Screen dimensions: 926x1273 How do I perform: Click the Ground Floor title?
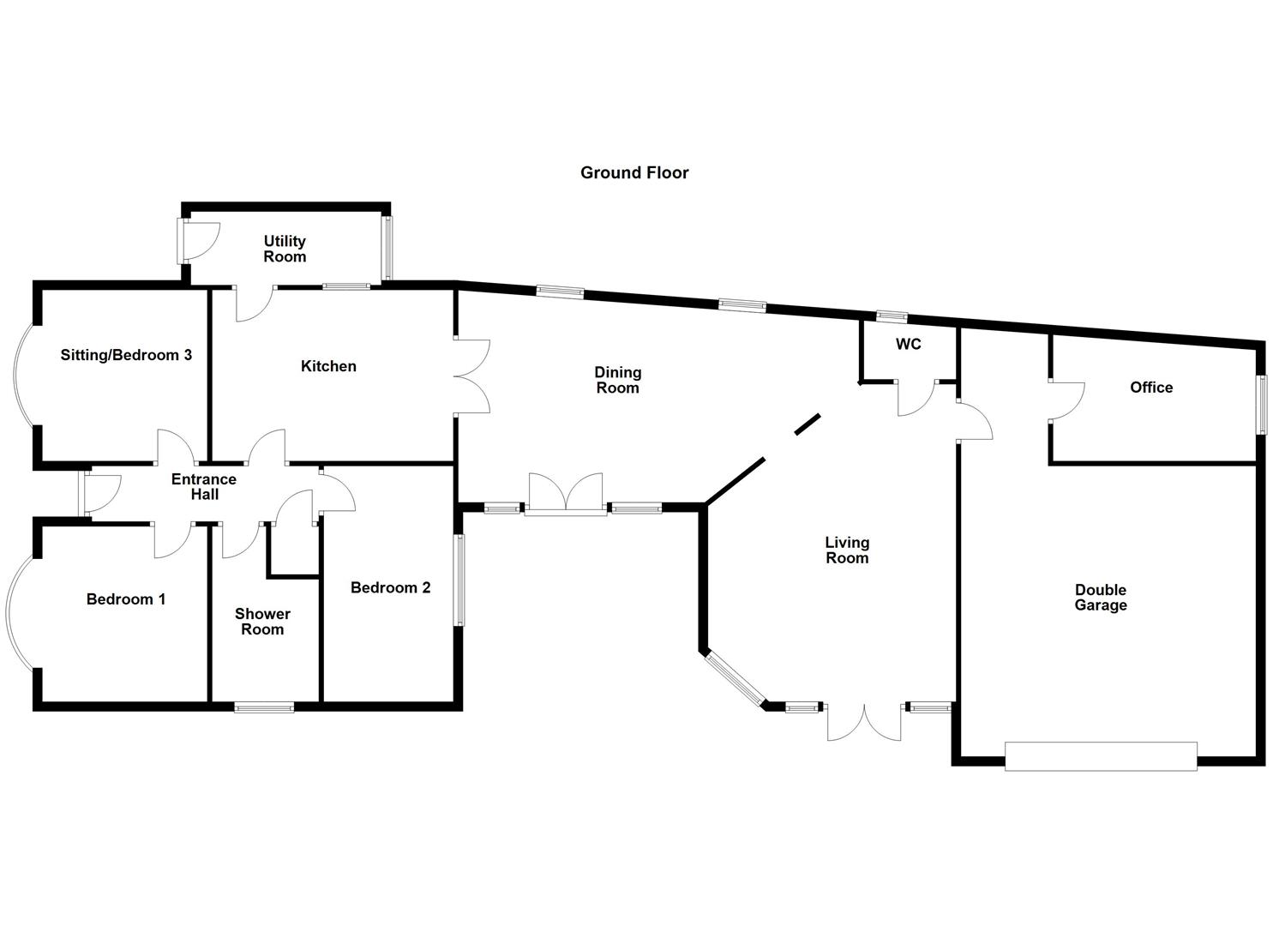(x=634, y=172)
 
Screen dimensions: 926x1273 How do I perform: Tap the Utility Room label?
(x=285, y=249)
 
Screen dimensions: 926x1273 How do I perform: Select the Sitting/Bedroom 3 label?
(x=126, y=355)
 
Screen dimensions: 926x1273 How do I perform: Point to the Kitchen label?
(x=328, y=366)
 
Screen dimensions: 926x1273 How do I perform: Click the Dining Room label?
(x=617, y=380)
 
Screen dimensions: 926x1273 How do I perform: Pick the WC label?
(x=909, y=345)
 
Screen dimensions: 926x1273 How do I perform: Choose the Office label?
(x=1150, y=388)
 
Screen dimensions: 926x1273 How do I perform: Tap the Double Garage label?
(x=1101, y=598)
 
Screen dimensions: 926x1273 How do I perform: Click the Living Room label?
(x=847, y=550)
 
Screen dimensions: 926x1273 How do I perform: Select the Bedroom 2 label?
(x=390, y=587)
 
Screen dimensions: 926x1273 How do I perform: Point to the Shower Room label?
(x=262, y=622)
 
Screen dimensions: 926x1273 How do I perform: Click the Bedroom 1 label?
(x=126, y=599)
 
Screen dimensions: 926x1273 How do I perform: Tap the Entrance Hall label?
(x=204, y=487)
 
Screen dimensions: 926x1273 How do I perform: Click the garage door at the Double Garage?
(x=1101, y=756)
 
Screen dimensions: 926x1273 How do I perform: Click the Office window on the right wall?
(x=1262, y=405)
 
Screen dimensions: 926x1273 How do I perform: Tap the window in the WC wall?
(x=892, y=316)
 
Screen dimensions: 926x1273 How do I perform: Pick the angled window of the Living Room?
(x=736, y=680)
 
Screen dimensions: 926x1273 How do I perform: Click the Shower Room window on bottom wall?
(x=264, y=707)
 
